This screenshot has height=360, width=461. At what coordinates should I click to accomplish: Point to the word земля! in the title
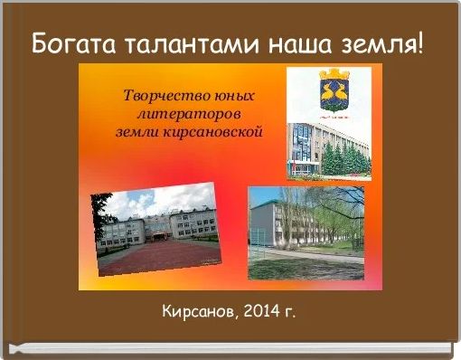[x=383, y=43]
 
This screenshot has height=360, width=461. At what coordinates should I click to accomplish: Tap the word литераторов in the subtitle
[x=188, y=114]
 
